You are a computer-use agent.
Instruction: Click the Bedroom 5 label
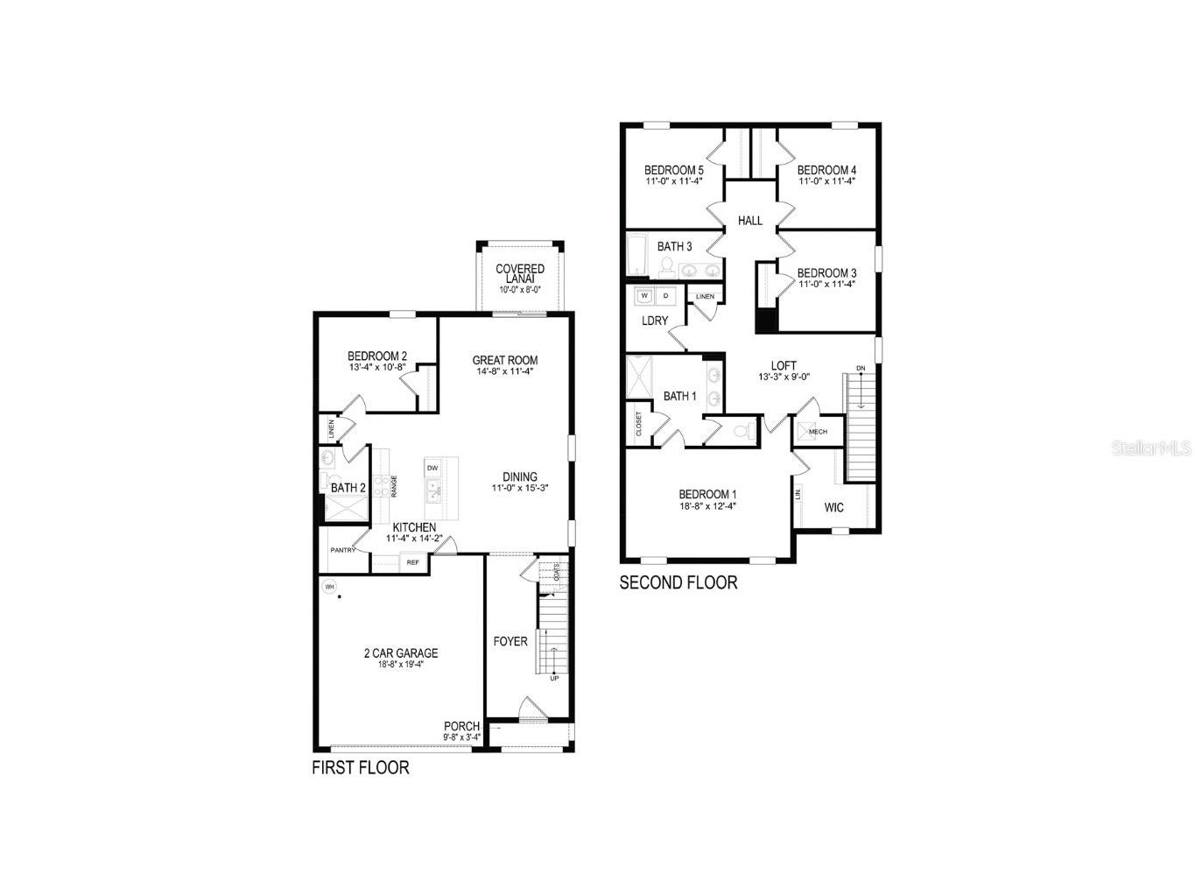point(673,170)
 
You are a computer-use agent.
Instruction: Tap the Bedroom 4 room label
point(826,170)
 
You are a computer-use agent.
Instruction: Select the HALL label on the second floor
point(750,221)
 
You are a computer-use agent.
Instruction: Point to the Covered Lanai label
point(520,273)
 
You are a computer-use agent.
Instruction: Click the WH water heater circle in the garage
point(330,587)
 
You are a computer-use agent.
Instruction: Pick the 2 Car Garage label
point(401,653)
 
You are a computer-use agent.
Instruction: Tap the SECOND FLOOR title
point(678,582)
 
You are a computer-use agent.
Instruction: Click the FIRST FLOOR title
point(361,768)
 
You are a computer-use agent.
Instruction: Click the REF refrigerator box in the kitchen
point(412,562)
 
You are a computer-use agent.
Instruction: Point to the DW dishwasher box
point(432,469)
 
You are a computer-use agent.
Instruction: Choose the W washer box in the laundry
point(644,296)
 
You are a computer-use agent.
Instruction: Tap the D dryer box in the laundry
point(665,296)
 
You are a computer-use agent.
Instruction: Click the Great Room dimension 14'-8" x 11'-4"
point(505,371)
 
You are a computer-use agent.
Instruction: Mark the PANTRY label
point(342,550)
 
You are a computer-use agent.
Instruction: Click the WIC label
point(833,507)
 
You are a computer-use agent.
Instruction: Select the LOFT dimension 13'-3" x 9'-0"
point(784,377)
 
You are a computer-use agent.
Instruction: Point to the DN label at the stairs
point(861,368)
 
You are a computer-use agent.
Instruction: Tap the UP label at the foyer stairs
point(553,678)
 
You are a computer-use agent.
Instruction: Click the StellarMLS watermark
point(1151,448)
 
